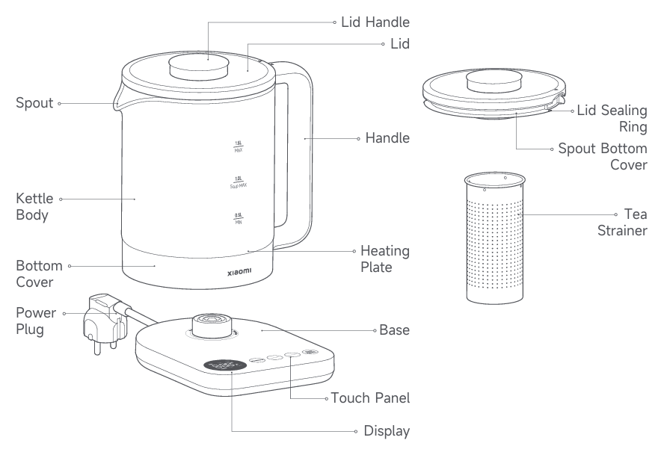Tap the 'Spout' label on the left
(x=34, y=102)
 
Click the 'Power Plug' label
(x=34, y=321)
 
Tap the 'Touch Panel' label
(x=371, y=397)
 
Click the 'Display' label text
(x=387, y=431)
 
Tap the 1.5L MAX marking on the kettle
(x=239, y=146)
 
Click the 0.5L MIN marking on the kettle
(x=239, y=217)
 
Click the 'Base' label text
(x=395, y=329)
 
